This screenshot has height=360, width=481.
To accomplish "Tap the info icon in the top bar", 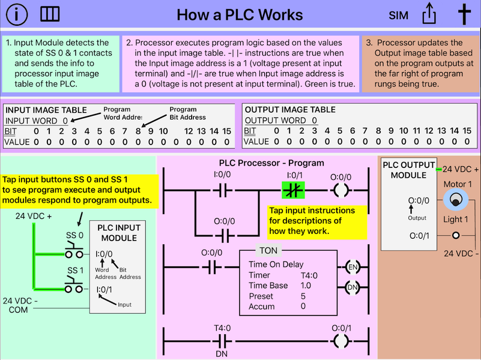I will click(16, 15).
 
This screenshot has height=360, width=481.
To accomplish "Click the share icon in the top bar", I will click(429, 14).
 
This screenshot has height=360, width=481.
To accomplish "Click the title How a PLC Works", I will click(240, 15).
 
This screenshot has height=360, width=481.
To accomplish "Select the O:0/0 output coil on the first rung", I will click(341, 191).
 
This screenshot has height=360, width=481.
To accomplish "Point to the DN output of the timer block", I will click(352, 289).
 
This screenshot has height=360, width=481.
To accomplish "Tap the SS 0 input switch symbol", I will click(74, 250).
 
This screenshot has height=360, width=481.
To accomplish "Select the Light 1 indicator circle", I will click(456, 235).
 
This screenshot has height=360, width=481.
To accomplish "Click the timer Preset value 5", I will click(303, 296).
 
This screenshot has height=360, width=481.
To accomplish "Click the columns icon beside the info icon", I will click(49, 15).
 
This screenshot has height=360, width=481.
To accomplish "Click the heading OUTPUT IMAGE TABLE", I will click(290, 110).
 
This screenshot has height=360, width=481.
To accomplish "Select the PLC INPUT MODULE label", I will click(118, 232).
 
